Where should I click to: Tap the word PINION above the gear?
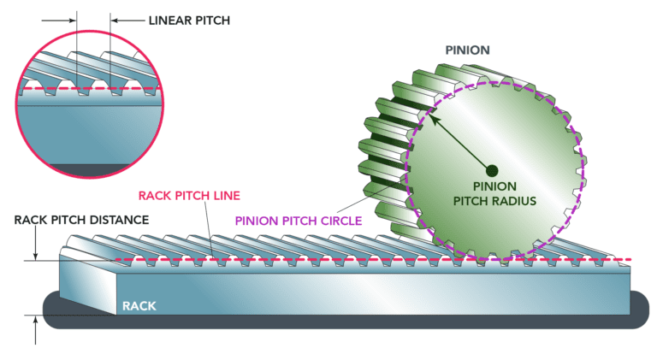467,50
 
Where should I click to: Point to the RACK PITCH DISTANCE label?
81,220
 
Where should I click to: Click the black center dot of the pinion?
492,168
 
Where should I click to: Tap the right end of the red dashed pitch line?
630,258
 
